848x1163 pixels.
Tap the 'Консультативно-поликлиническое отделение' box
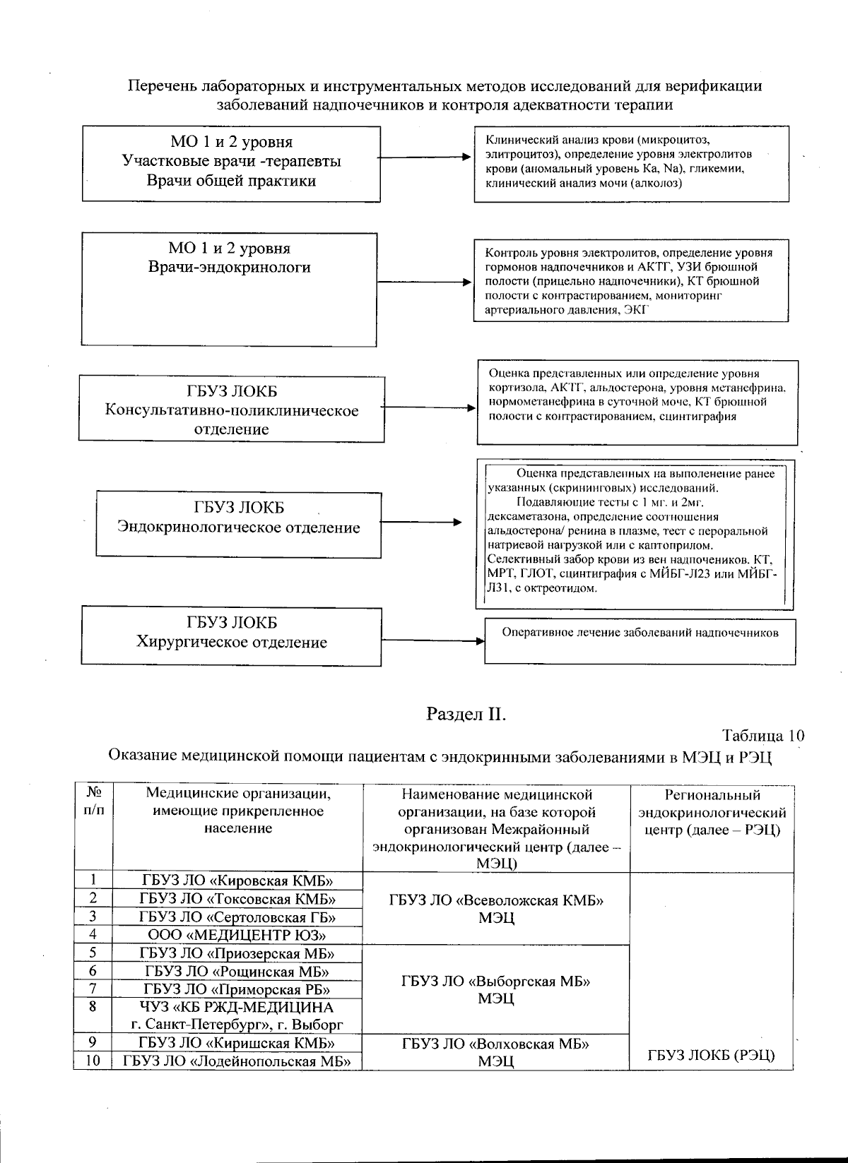[x=232, y=410]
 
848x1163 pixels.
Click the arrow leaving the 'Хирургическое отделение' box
[x=432, y=641]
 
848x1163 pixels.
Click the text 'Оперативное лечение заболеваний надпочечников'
[x=640, y=633]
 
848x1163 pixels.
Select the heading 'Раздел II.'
[x=466, y=714]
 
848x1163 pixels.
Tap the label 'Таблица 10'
[x=762, y=735]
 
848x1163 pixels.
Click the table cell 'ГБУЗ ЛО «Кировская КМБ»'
[x=237, y=880]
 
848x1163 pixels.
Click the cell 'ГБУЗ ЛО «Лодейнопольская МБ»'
[x=237, y=1061]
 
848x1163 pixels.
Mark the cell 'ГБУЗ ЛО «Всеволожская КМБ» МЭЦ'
[x=495, y=909]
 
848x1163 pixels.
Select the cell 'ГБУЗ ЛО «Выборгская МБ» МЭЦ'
[x=495, y=989]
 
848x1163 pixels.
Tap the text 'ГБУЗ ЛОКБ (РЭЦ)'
[x=711, y=1055]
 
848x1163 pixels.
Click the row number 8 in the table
[x=93, y=1006]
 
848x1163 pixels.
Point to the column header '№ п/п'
[x=93, y=801]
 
